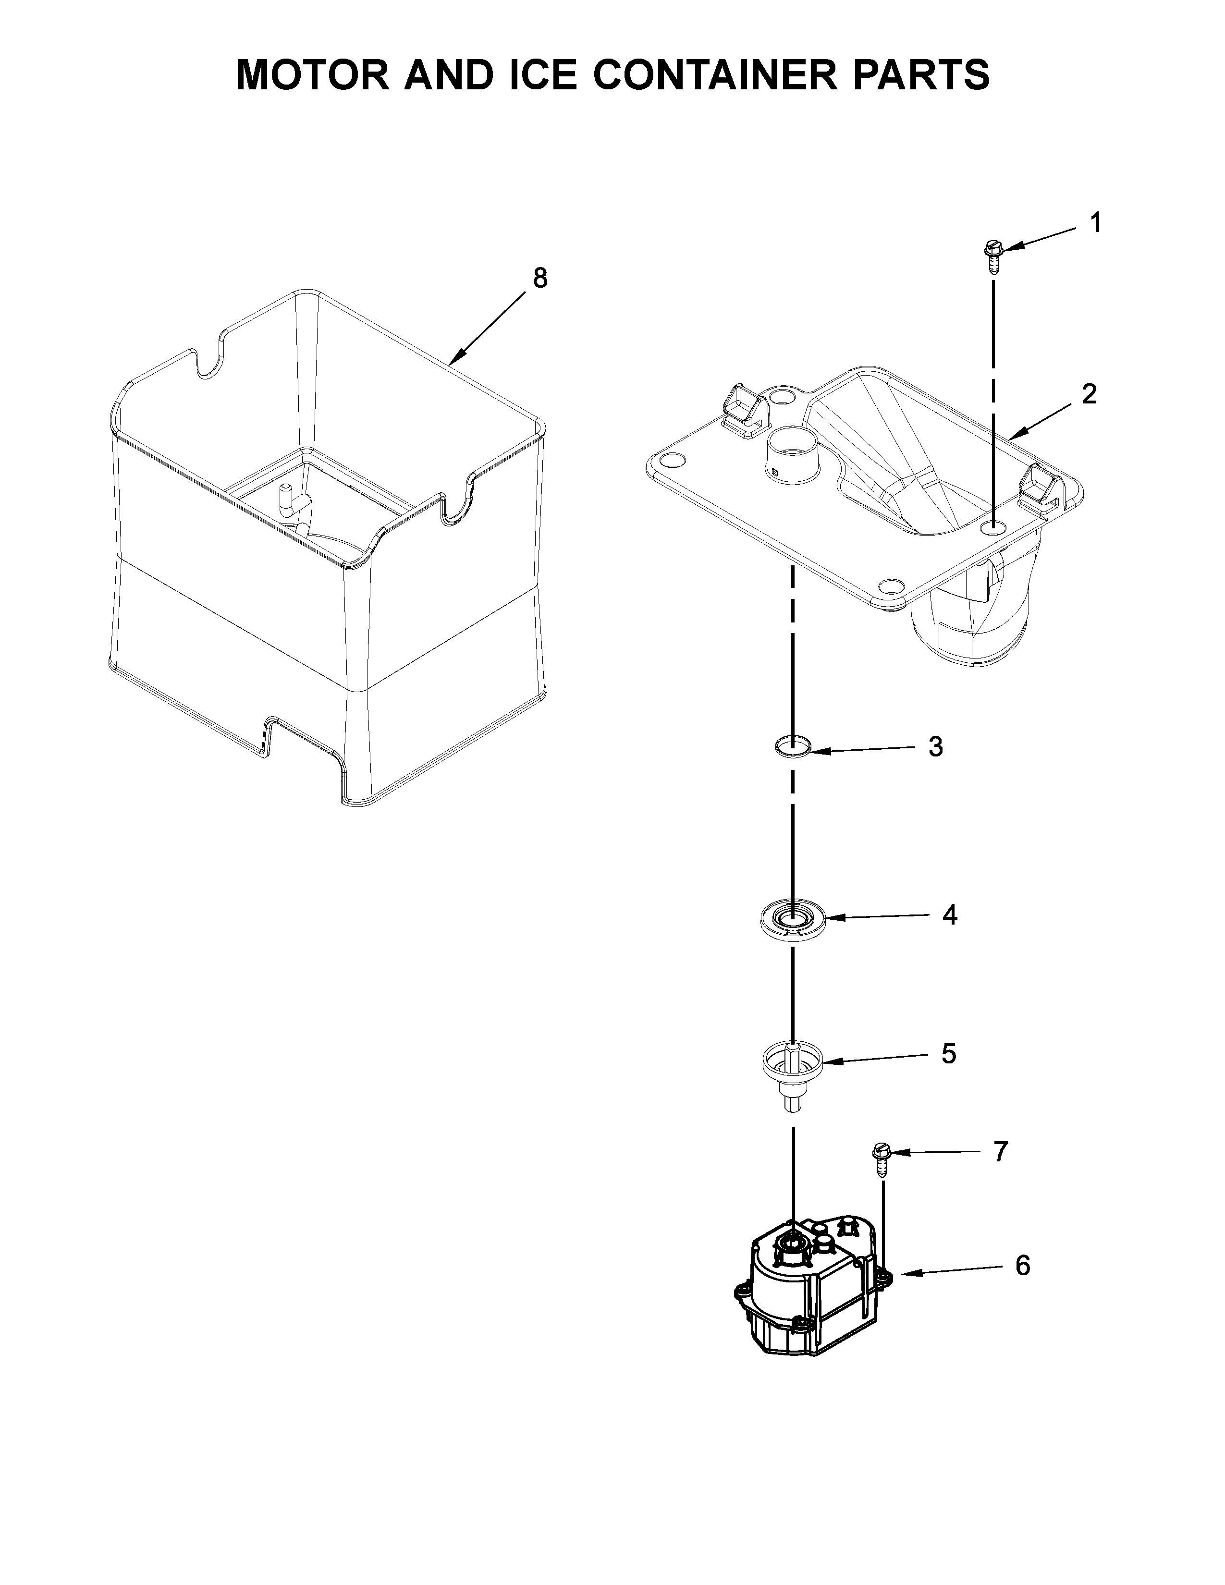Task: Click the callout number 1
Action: (x=1096, y=223)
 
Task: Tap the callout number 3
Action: (x=935, y=747)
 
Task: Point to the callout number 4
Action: (x=949, y=915)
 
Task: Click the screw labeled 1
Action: (x=992, y=256)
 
